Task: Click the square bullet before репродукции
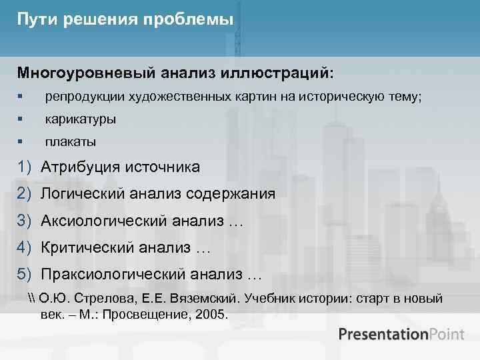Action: [x=21, y=97]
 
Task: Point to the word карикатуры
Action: [x=80, y=120]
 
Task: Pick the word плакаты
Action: [x=70, y=142]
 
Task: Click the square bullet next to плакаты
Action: [x=21, y=142]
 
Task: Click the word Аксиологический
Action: [x=103, y=221]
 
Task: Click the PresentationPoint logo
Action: [x=401, y=334]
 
